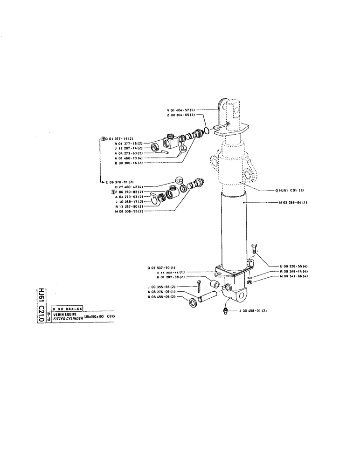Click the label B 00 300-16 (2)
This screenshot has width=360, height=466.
point(128,163)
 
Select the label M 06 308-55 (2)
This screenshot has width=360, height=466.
point(129,211)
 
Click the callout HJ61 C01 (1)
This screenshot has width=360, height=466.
point(292,190)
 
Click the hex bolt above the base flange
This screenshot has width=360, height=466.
point(254,248)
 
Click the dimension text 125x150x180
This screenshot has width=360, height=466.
point(94,317)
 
